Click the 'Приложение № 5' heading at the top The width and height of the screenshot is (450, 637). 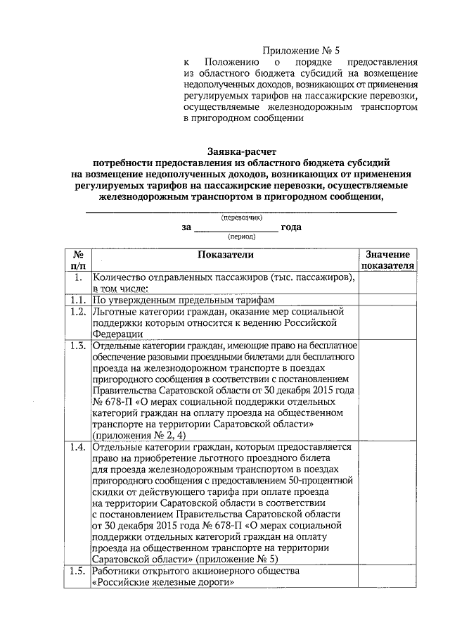pos(300,50)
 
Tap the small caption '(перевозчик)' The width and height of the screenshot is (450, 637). pos(241,218)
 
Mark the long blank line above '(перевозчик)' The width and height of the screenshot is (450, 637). pos(241,211)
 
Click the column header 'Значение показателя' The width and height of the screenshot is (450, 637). pos(387,260)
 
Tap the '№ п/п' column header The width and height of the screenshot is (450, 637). pos(79,260)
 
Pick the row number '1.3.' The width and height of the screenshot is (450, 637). pos(79,346)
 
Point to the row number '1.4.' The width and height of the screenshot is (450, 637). pos(79,446)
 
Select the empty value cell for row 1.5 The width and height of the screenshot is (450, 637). pos(387,576)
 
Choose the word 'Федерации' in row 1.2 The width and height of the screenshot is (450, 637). pos(117,334)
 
